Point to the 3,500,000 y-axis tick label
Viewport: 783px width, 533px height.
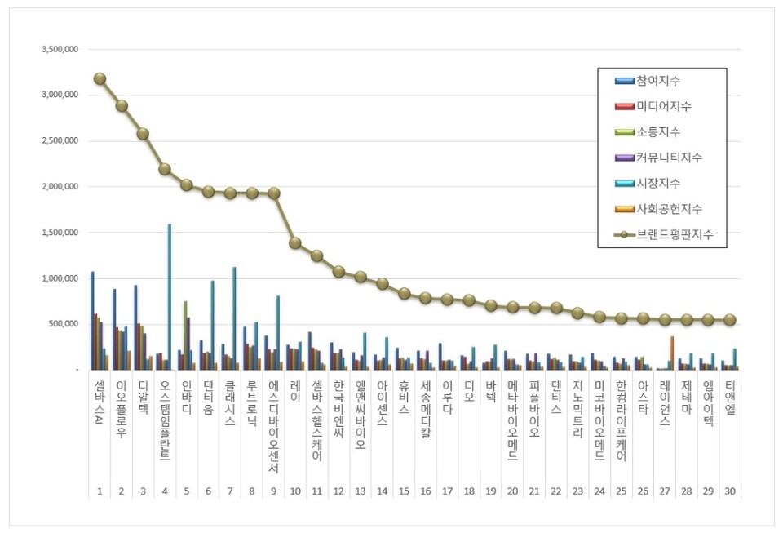click(x=60, y=49)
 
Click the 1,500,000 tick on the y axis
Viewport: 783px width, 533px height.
click(x=60, y=233)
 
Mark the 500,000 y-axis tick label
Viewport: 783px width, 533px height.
click(x=64, y=324)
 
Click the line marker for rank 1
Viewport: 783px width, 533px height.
click(x=100, y=78)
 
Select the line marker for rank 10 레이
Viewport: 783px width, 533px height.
click(x=295, y=242)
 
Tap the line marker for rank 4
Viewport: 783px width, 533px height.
click(x=165, y=169)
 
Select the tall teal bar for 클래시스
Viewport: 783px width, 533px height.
click(x=235, y=318)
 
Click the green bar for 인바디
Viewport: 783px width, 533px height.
click(x=185, y=335)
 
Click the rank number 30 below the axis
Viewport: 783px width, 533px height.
click(x=730, y=491)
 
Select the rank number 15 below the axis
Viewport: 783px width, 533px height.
click(x=404, y=491)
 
